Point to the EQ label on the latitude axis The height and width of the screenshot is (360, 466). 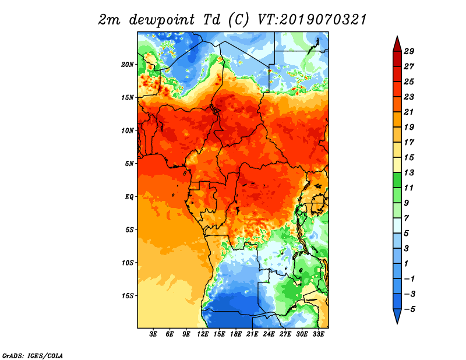point(129,196)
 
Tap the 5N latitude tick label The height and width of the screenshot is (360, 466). point(130,164)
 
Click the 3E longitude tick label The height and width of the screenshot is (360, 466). point(154,334)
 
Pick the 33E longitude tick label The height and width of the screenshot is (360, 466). point(318,334)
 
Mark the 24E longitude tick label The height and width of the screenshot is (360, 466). point(269,334)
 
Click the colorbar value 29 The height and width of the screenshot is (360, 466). point(409,51)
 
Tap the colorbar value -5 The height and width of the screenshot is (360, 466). point(409,309)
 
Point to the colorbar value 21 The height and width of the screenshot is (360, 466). point(409,112)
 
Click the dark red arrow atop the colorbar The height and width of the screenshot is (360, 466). point(397,44)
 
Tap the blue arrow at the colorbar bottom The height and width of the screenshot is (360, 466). point(397,316)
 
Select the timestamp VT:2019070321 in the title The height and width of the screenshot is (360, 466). point(312,20)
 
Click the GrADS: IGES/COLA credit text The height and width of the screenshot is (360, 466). point(32,355)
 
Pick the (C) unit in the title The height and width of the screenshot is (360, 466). point(238,20)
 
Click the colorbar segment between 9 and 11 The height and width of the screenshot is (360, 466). point(397,195)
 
